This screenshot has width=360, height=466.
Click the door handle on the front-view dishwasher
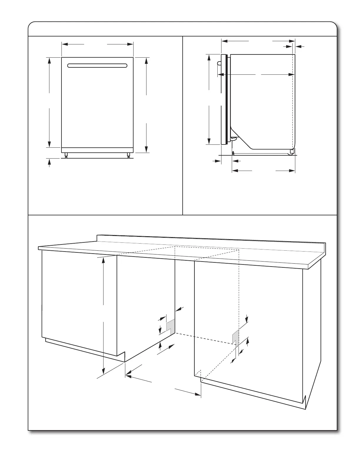(x=97, y=65)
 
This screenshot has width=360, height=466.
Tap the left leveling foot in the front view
(x=66, y=155)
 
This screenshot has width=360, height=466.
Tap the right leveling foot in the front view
(x=129, y=155)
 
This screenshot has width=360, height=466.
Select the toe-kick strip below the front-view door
(x=97, y=150)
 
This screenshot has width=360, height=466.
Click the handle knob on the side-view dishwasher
(x=218, y=63)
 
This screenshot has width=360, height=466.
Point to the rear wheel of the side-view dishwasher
(x=292, y=151)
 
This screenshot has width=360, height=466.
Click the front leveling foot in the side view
(x=233, y=153)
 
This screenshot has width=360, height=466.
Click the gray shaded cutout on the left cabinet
(x=171, y=325)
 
